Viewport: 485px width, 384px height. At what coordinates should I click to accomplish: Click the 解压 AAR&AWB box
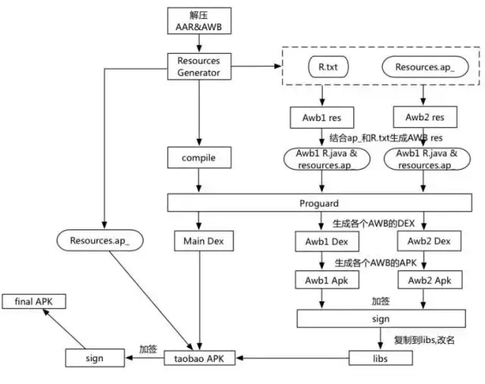click(x=199, y=22)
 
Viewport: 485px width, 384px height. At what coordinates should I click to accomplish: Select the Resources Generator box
click(x=199, y=67)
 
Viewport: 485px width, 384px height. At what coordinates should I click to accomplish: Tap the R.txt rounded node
click(x=327, y=67)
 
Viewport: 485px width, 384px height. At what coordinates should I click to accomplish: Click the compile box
click(x=199, y=158)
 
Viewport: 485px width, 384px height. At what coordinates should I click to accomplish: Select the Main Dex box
click(x=199, y=242)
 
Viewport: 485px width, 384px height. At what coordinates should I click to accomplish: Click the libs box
click(x=380, y=356)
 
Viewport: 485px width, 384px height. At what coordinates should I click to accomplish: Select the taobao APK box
click(x=199, y=356)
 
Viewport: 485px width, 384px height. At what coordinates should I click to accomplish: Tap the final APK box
click(x=34, y=301)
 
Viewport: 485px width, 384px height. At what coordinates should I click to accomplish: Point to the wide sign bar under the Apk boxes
click(x=380, y=319)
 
